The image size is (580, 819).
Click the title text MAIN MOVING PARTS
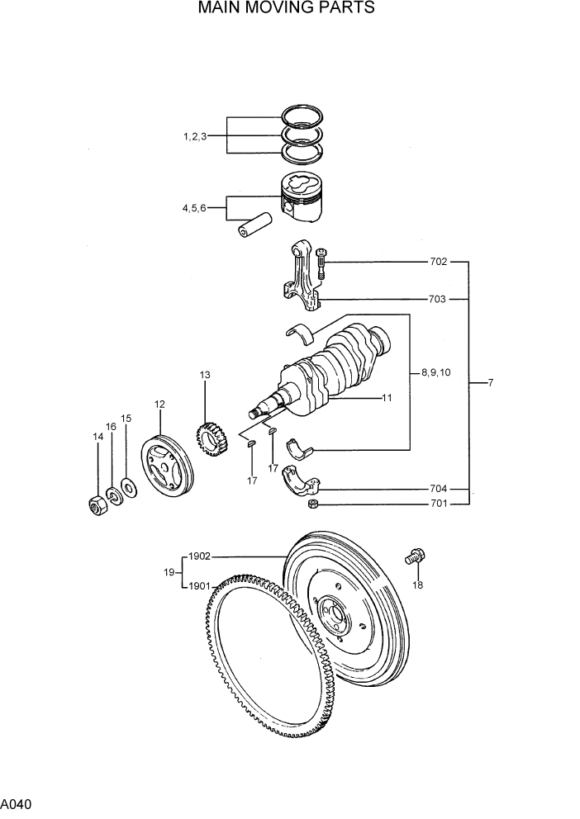click(287, 9)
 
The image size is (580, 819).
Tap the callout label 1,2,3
click(195, 136)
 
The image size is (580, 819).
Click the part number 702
click(438, 262)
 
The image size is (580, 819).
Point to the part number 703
click(438, 299)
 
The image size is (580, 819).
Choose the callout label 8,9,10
click(435, 372)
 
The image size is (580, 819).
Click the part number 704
click(438, 488)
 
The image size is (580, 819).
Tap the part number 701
click(438, 504)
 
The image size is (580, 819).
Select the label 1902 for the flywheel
click(200, 556)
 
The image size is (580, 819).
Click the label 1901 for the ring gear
click(199, 587)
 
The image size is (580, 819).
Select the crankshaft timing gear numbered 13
click(211, 439)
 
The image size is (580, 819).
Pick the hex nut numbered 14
click(96, 504)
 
